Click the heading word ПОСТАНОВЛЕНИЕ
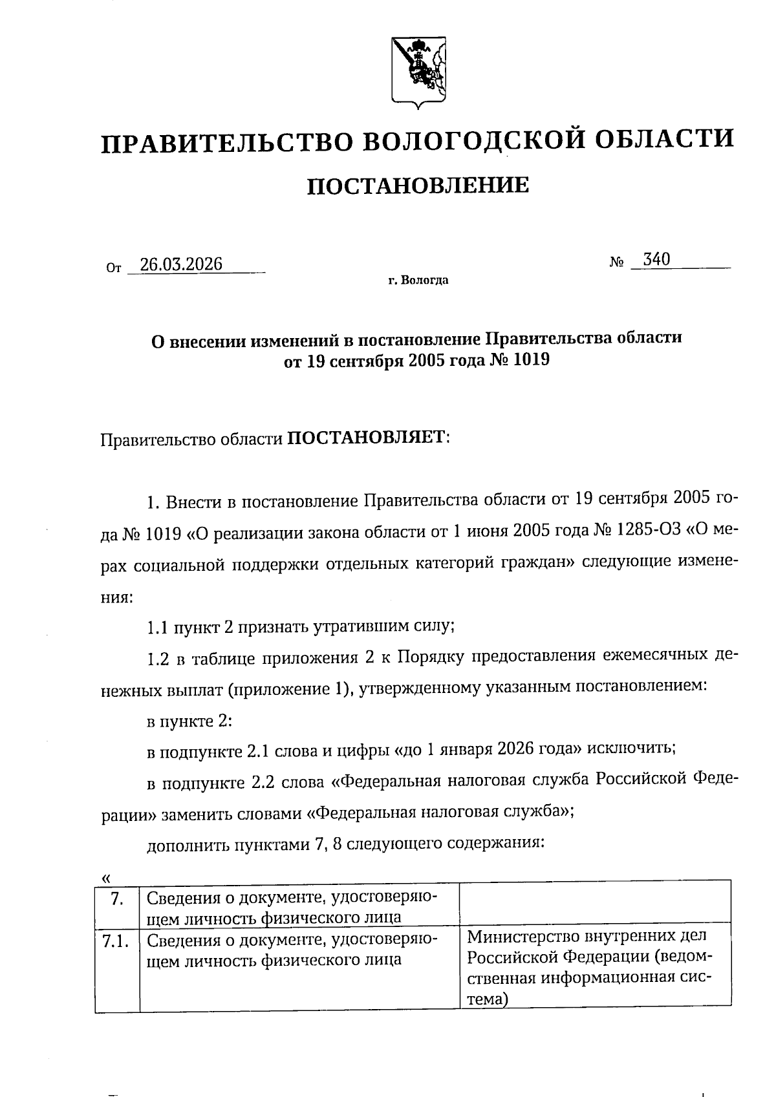(x=417, y=186)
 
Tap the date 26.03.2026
(x=181, y=264)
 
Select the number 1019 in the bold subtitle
(x=530, y=360)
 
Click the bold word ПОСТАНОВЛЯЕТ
(x=367, y=438)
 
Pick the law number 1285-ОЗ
(x=647, y=532)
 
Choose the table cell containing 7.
(x=117, y=898)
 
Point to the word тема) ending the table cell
(x=488, y=999)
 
